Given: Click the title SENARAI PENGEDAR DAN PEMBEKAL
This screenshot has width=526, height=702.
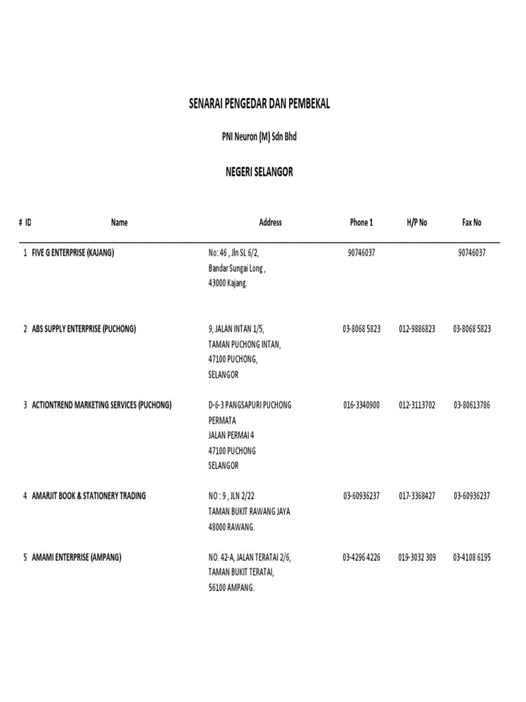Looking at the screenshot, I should pyautogui.click(x=260, y=104).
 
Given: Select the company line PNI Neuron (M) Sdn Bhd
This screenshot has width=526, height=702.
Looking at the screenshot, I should pyautogui.click(x=260, y=137).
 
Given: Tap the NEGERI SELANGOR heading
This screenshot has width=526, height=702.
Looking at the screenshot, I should pyautogui.click(x=260, y=172).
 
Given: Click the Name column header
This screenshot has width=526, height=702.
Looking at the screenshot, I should pyautogui.click(x=119, y=223).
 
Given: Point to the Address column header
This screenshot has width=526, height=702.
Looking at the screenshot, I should pyautogui.click(x=270, y=223).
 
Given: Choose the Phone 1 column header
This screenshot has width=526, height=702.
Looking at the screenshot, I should pyautogui.click(x=361, y=223).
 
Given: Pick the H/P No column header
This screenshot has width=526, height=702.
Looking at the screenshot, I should pyautogui.click(x=416, y=223).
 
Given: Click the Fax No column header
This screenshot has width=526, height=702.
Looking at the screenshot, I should pyautogui.click(x=472, y=223).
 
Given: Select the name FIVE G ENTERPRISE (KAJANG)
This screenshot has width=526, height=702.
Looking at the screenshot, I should pyautogui.click(x=73, y=253).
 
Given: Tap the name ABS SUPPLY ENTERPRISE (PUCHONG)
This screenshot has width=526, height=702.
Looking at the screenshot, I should pyautogui.click(x=84, y=329).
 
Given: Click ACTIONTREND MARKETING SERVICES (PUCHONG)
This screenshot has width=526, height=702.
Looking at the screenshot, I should pyautogui.click(x=101, y=405).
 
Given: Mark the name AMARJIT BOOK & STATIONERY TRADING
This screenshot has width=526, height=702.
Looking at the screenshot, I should pyautogui.click(x=88, y=496).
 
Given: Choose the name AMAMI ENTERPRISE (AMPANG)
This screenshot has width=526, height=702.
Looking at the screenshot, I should pyautogui.click(x=76, y=557).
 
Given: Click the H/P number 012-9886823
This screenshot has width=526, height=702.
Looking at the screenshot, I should pyautogui.click(x=416, y=329).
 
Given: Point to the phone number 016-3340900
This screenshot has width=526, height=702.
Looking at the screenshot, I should pyautogui.click(x=361, y=405).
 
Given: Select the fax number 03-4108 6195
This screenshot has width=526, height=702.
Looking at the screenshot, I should pyautogui.click(x=472, y=557).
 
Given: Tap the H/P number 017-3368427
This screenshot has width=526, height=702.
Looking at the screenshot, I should pyautogui.click(x=416, y=496).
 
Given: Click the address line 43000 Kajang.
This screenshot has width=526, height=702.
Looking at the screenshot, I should pyautogui.click(x=227, y=283).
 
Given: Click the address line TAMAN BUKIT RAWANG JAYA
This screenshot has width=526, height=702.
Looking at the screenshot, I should pyautogui.click(x=249, y=511).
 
